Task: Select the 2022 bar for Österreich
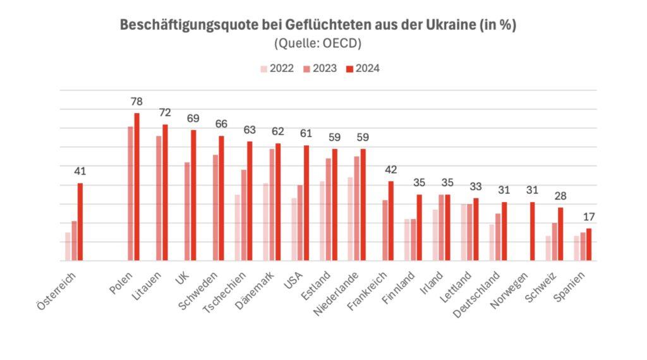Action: pos(68,246)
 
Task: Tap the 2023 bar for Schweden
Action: pos(215,208)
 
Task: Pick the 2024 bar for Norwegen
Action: pos(533,231)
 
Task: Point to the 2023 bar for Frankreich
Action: pos(385,231)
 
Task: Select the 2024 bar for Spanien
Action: pos(589,244)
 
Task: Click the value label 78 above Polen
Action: pos(136,102)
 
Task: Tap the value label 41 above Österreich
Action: pos(80,171)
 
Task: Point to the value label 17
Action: pos(589,217)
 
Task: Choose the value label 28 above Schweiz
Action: pos(560,196)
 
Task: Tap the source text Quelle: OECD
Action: pos(318,44)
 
